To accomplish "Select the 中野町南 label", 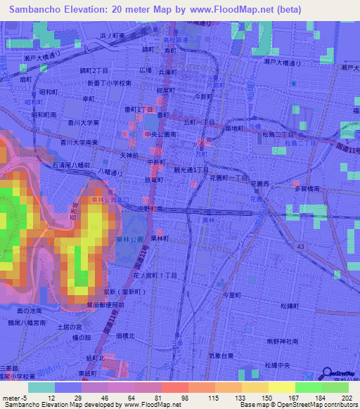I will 150,209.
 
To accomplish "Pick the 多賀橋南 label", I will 307,189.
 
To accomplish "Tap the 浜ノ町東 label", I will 112,35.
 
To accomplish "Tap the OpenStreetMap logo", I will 340,375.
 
